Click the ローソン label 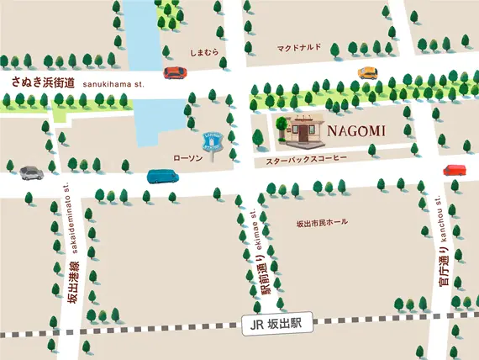[187, 157]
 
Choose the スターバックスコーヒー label [300, 159]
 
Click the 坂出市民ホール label [321, 223]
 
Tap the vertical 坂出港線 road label [73, 282]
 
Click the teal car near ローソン [164, 176]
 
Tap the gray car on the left [30, 172]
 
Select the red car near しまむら [176, 72]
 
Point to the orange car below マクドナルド [368, 72]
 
